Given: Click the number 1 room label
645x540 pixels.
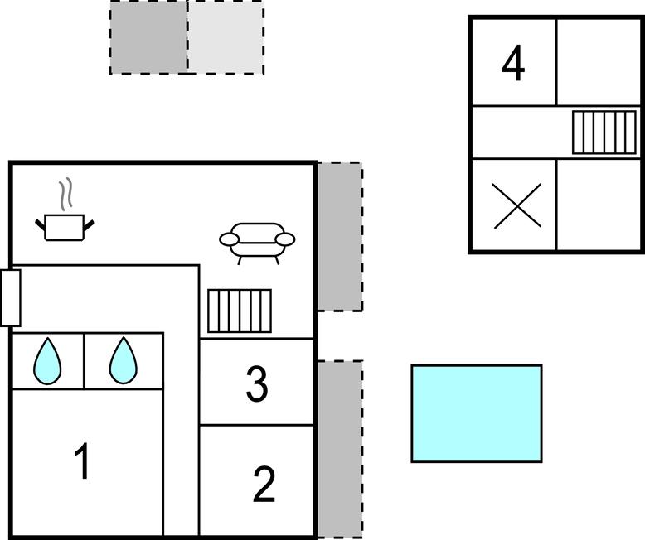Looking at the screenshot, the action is pyautogui.click(x=82, y=460).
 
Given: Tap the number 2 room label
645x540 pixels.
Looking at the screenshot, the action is pyautogui.click(x=264, y=485).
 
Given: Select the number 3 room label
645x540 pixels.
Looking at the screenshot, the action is pyautogui.click(x=257, y=383).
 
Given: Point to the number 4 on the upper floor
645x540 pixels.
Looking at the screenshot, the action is pyautogui.click(x=513, y=63).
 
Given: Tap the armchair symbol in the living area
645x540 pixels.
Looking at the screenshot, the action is pyautogui.click(x=257, y=243).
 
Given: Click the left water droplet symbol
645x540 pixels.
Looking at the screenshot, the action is pyautogui.click(x=48, y=361).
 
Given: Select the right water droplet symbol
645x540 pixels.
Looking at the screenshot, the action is pyautogui.click(x=123, y=361).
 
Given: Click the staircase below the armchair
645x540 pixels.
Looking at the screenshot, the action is pyautogui.click(x=240, y=311).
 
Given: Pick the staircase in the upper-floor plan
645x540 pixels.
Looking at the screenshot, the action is pyautogui.click(x=604, y=133).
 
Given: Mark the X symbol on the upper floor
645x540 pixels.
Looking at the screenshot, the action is pyautogui.click(x=517, y=205).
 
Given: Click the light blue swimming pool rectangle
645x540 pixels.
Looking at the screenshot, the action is pyautogui.click(x=477, y=413).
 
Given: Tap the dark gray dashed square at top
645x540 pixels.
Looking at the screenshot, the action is pyautogui.click(x=148, y=37).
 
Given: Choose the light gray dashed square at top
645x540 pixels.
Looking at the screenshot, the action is pyautogui.click(x=226, y=37).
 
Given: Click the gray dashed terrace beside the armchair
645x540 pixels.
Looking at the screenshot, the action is pyautogui.click(x=340, y=237).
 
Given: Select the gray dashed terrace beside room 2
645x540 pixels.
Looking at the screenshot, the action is pyautogui.click(x=340, y=449).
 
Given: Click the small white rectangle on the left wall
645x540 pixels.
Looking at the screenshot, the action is pyautogui.click(x=10, y=298).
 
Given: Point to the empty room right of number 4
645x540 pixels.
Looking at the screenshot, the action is pyautogui.click(x=598, y=61).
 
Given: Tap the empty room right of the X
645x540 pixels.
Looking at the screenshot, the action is pyautogui.click(x=598, y=205).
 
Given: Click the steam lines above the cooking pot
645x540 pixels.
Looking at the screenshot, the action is pyautogui.click(x=65, y=194).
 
